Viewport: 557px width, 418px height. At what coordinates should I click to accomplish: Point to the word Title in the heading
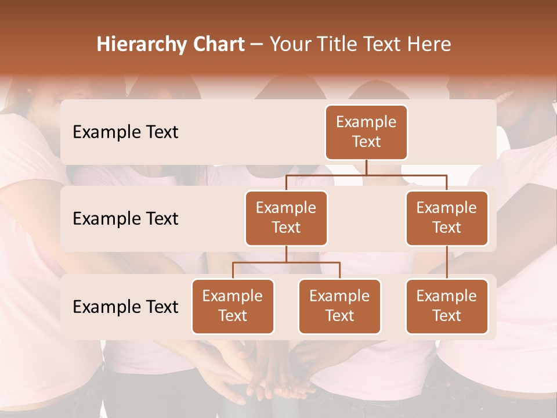pos(341,45)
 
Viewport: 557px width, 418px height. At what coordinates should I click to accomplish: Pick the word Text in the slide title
pos(385,45)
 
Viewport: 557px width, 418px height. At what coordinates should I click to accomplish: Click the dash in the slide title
pos(256,45)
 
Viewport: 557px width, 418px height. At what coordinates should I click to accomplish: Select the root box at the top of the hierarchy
pos(366,132)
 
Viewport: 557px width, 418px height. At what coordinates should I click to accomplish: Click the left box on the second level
pos(286,218)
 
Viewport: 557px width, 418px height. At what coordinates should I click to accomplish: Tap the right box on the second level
pos(447,218)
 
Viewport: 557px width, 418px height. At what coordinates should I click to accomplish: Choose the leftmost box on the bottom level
pos(233,306)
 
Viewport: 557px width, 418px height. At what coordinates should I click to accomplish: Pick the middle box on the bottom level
pos(339,306)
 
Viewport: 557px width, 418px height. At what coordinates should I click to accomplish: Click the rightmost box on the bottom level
pos(447,306)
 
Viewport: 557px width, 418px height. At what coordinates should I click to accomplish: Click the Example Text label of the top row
pos(125,132)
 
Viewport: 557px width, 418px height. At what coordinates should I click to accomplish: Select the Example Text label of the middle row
pos(125,219)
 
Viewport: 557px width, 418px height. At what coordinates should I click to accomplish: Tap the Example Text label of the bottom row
pos(125,307)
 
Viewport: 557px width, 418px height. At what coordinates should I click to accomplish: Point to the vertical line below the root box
pos(366,167)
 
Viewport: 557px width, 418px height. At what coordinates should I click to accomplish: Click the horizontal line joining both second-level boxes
pos(406,175)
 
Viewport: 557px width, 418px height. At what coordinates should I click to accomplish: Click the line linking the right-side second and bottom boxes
pos(447,262)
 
